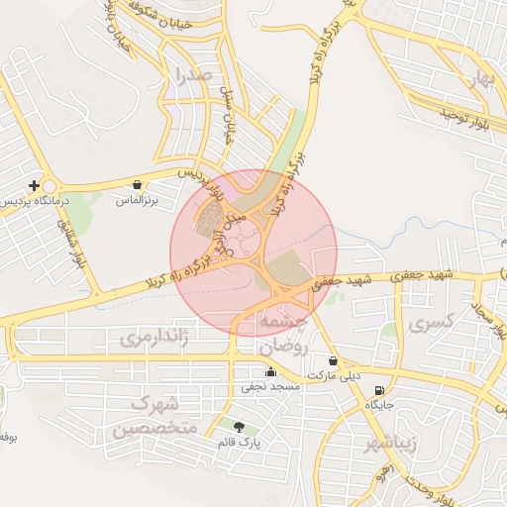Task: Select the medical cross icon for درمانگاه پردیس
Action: pyautogui.click(x=35, y=185)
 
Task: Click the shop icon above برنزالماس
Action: pyautogui.click(x=137, y=184)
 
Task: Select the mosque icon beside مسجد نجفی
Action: pyautogui.click(x=270, y=372)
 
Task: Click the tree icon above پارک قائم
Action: pyautogui.click(x=239, y=427)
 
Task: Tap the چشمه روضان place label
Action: pyautogui.click(x=285, y=335)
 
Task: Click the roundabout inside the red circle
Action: pyautogui.click(x=244, y=239)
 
